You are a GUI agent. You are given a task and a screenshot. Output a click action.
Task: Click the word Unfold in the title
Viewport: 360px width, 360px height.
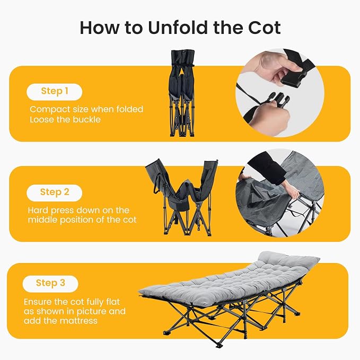tap(179, 28)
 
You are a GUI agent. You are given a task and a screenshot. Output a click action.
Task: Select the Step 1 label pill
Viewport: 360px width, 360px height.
tap(55, 92)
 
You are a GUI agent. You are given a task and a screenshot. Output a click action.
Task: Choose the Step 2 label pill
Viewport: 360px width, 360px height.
tap(55, 193)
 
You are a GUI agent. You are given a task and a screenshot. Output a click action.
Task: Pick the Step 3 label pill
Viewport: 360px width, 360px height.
tap(50, 284)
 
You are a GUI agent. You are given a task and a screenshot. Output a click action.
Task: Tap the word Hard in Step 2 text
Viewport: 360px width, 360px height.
tap(38, 210)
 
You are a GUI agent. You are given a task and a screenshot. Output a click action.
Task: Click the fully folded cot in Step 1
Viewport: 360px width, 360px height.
tap(182, 93)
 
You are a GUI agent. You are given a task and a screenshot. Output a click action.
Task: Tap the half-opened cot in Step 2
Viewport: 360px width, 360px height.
tap(182, 197)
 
